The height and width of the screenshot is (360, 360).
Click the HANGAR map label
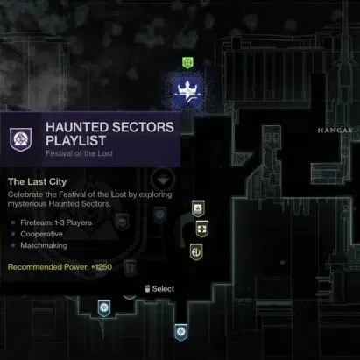click(335, 131)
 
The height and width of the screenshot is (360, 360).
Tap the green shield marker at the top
click(187, 62)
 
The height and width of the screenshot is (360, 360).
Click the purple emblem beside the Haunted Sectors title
click(21, 139)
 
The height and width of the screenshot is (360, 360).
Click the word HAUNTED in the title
click(77, 127)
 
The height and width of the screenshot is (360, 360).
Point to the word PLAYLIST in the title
click(75, 141)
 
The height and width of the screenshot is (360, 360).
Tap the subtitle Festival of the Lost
click(79, 153)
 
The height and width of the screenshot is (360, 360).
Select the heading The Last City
click(38, 181)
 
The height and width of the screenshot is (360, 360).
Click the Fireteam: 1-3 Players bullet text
click(56, 222)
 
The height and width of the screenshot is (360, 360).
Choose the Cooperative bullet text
click(41, 234)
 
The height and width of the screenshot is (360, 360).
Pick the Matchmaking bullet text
click(44, 245)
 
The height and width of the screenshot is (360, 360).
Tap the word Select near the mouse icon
click(163, 289)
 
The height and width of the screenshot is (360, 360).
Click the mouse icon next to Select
click(147, 288)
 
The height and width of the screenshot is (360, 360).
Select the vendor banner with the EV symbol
click(196, 251)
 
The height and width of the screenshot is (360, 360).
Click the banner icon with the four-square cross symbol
click(202, 229)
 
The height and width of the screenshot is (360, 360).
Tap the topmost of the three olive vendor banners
click(198, 208)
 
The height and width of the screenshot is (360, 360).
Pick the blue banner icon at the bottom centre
click(181, 332)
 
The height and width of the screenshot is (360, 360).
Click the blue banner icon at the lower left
click(104, 308)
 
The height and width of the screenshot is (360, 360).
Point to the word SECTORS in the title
click(143, 127)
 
